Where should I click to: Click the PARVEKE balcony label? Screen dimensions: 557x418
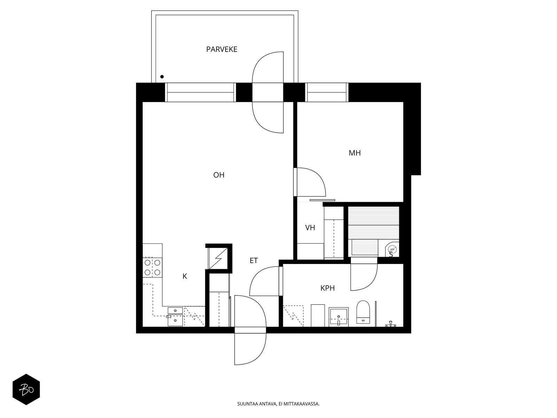click(x=221, y=49)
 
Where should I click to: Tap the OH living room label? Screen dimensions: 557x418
click(x=219, y=175)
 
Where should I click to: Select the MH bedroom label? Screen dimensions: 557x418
click(x=354, y=153)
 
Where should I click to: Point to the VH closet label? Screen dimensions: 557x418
click(x=310, y=228)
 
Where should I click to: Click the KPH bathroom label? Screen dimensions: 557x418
click(x=327, y=288)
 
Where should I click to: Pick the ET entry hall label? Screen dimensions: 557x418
click(x=254, y=261)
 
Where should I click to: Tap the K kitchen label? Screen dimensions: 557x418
click(x=185, y=276)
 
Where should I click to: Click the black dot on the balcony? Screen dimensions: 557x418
click(x=162, y=77)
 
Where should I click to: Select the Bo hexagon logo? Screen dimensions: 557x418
click(x=26, y=389)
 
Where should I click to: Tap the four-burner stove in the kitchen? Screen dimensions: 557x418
click(x=152, y=268)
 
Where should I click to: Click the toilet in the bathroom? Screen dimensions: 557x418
click(x=363, y=312)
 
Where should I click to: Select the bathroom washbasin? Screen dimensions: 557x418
click(x=338, y=317)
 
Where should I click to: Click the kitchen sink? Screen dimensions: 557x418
click(x=175, y=317)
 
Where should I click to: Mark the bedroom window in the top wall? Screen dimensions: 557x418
click(x=327, y=92)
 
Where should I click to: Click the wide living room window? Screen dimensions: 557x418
click(x=201, y=92)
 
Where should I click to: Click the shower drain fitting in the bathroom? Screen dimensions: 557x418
click(x=391, y=324)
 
